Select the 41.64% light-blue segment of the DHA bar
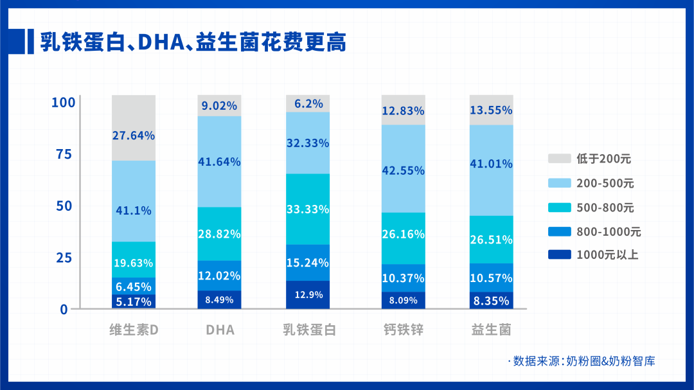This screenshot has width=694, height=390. pyautogui.click(x=220, y=162)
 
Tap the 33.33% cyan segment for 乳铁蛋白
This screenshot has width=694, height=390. pyautogui.click(x=308, y=209)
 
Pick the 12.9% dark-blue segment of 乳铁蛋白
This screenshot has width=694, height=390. pyautogui.click(x=308, y=295)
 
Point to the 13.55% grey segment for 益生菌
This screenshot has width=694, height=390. pyautogui.click(x=491, y=110)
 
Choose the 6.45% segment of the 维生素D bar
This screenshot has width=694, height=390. pyautogui.click(x=134, y=287)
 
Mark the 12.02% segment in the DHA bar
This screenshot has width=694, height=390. pyautogui.click(x=220, y=276)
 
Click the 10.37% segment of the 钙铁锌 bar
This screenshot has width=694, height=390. pyautogui.click(x=403, y=278)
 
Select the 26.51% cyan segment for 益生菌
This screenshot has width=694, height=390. pyautogui.click(x=491, y=240)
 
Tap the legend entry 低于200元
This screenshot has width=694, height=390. pyautogui.click(x=591, y=159)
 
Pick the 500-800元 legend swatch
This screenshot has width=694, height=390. pyautogui.click(x=559, y=208)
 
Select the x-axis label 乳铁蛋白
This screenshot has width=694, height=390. pyautogui.click(x=310, y=330)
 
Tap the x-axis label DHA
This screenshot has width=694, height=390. pyautogui.click(x=220, y=330)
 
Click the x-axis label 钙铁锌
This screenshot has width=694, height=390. pyautogui.click(x=403, y=330)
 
